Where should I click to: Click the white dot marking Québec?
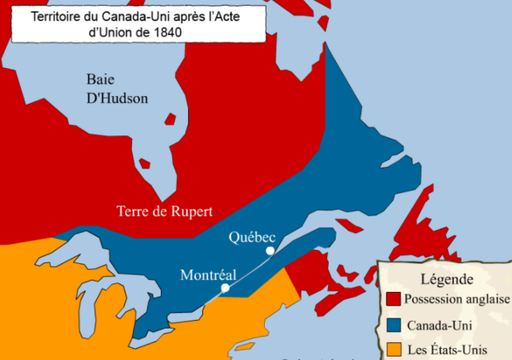[270, 250]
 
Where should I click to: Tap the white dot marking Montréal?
[225, 287]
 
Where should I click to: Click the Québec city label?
[252, 237]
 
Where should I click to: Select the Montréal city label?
[209, 274]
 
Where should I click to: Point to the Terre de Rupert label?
[165, 212]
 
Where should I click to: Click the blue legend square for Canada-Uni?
[393, 326]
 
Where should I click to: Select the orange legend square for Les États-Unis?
[393, 350]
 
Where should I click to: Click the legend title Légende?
[446, 279]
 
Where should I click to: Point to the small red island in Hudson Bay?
[145, 163]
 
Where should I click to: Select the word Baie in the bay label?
[102, 79]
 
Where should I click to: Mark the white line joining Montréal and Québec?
[248, 270]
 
